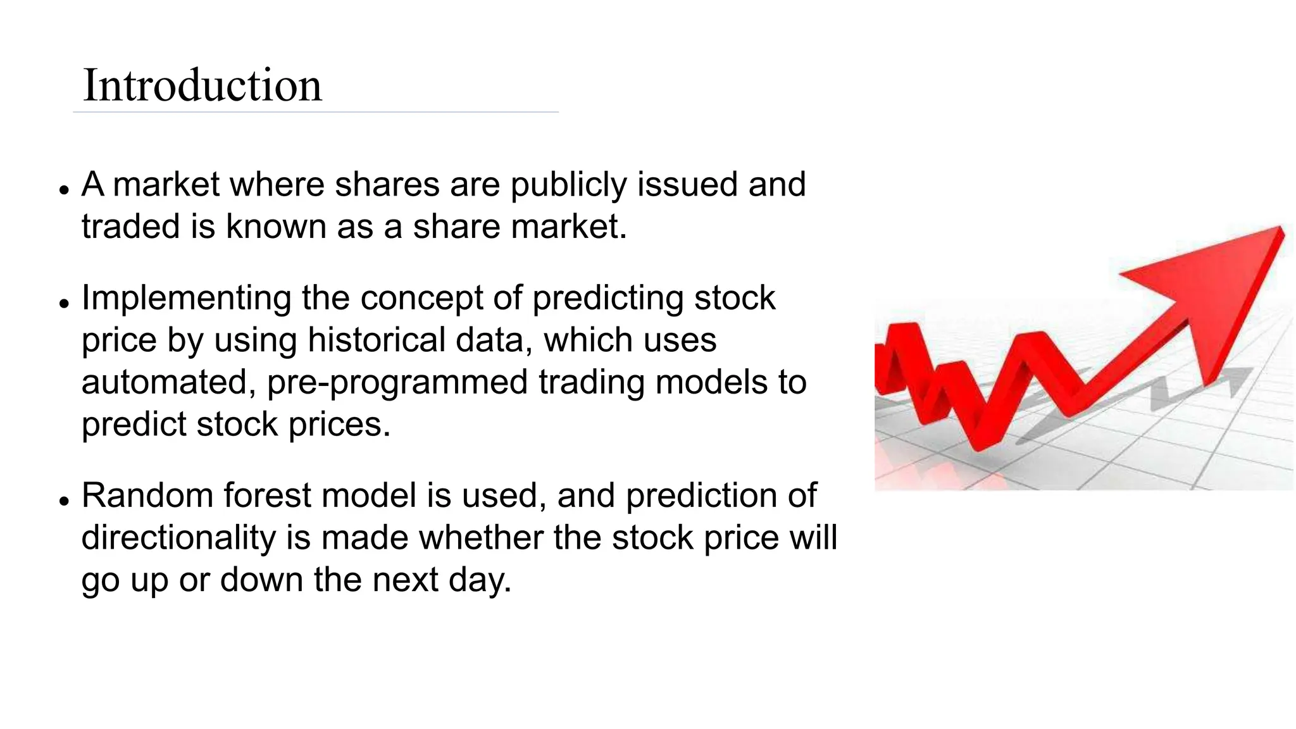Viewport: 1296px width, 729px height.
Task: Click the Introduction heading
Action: [202, 85]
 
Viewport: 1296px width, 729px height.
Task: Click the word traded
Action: [131, 227]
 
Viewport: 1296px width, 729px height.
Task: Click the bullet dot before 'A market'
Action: [63, 189]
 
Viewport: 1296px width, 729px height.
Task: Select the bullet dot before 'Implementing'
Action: [63, 303]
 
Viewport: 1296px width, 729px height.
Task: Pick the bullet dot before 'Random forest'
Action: [63, 501]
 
